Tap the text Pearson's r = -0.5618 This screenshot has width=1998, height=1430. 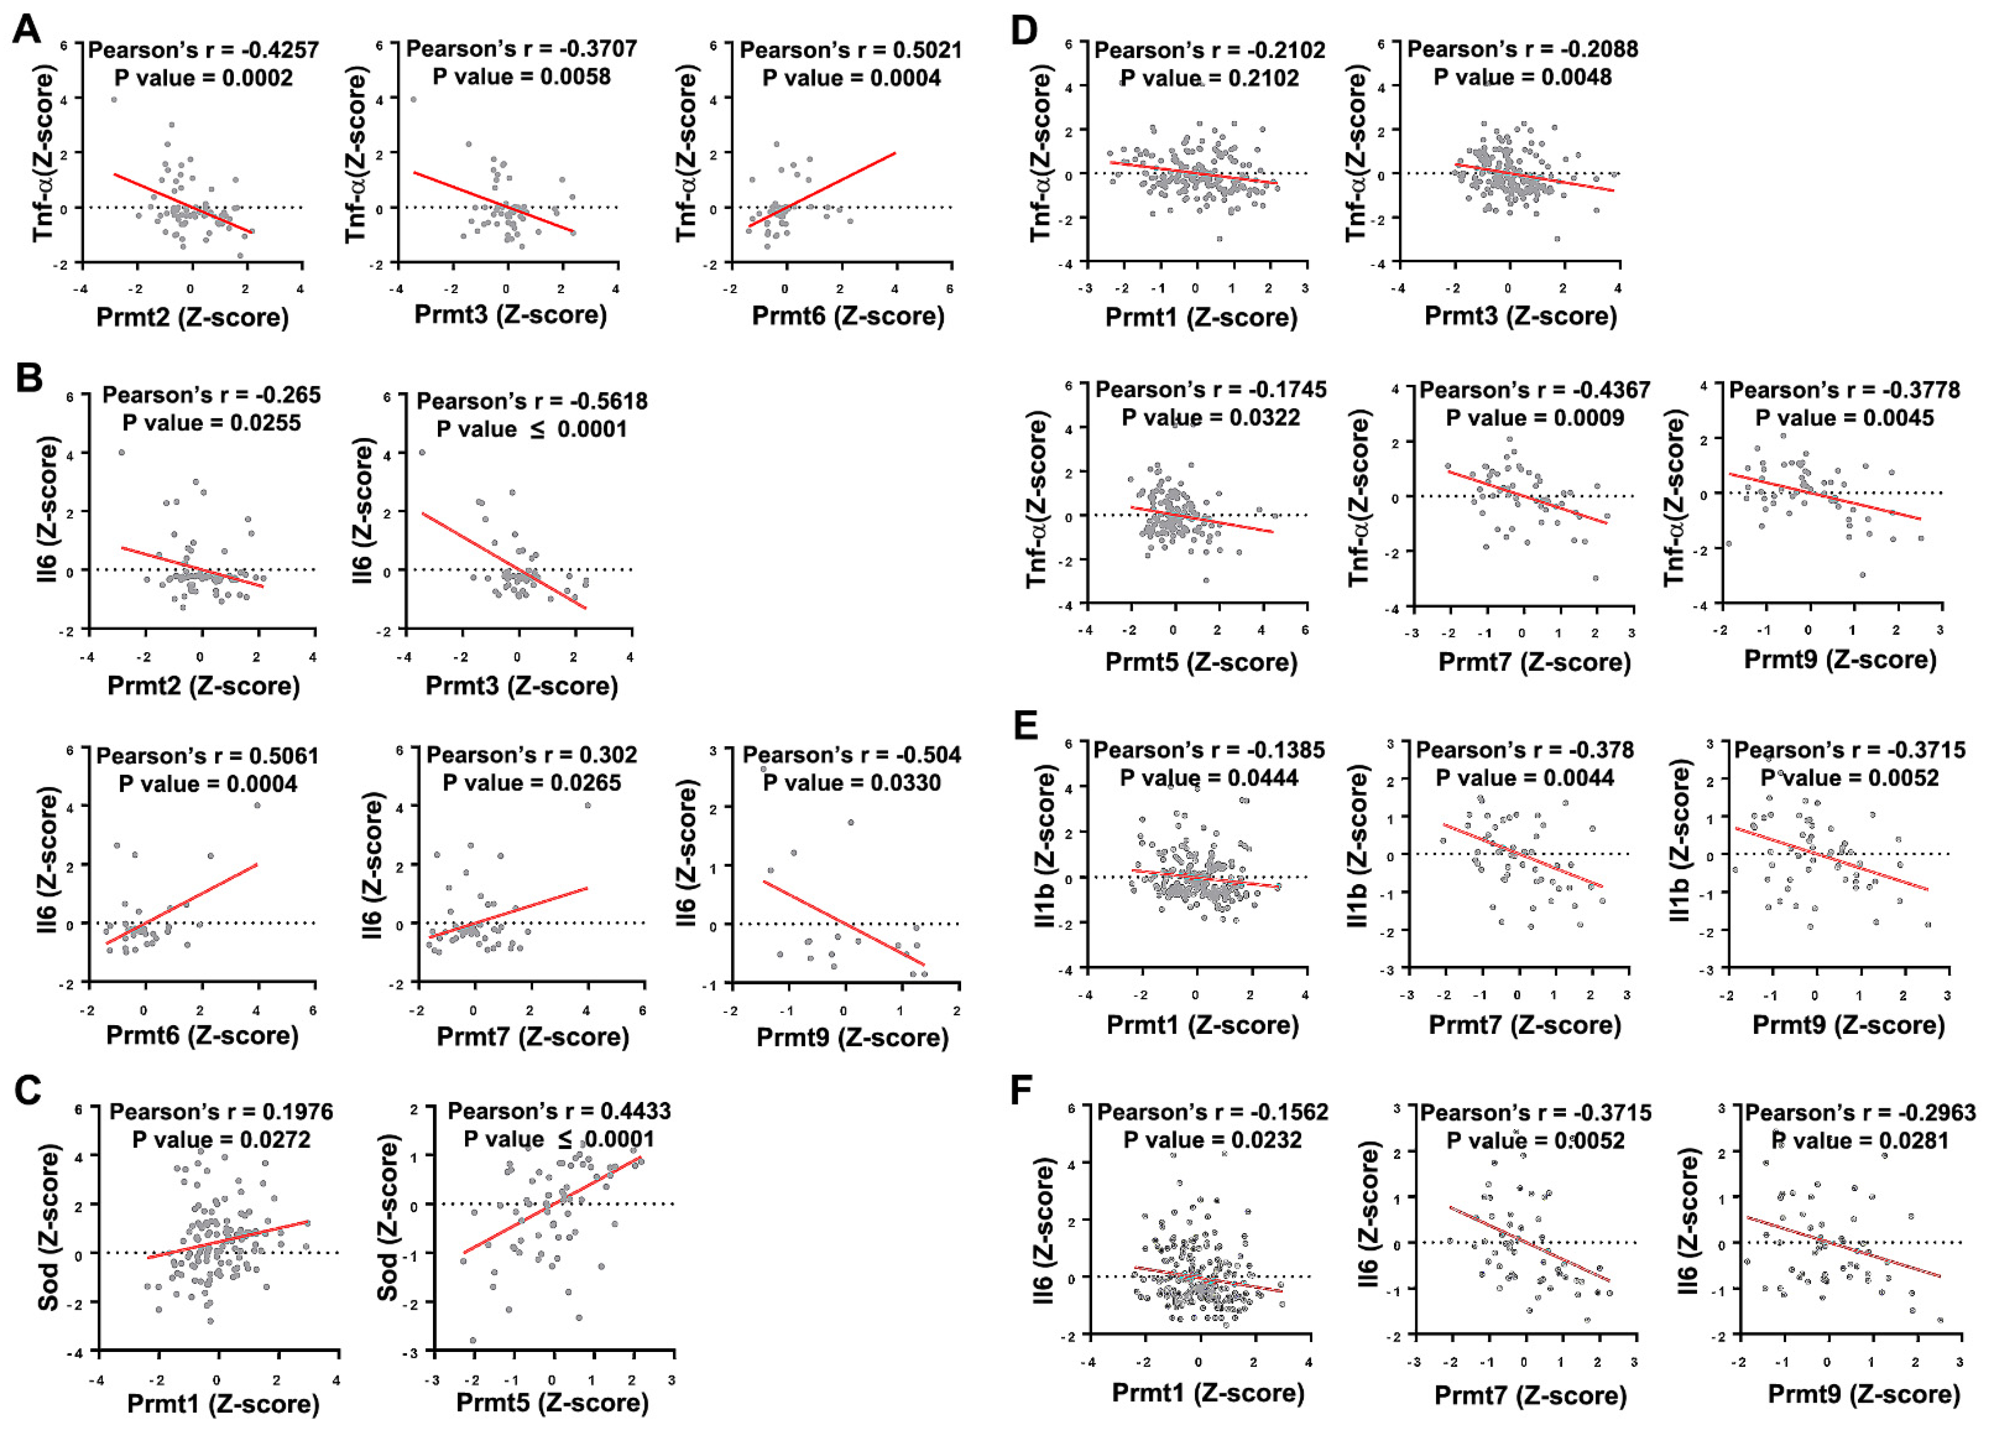[x=532, y=402]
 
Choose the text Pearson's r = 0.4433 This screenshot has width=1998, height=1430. [x=559, y=1111]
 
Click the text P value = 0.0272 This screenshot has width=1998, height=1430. [x=221, y=1140]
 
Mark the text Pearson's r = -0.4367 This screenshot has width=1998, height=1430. [x=1535, y=390]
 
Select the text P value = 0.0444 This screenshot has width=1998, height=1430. [x=1209, y=777]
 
